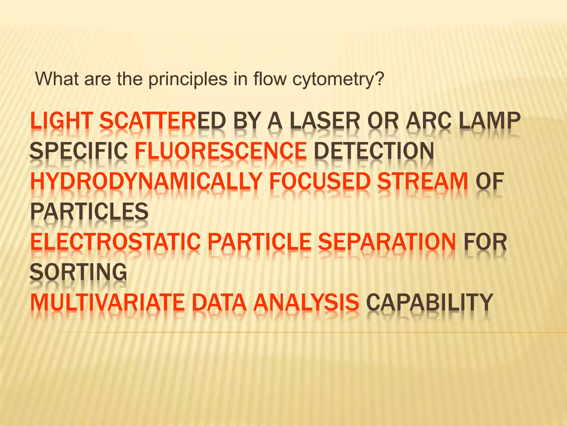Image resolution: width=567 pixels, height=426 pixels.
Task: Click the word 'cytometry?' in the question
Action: (338, 80)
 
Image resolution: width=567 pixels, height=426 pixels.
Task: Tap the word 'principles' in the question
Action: (188, 80)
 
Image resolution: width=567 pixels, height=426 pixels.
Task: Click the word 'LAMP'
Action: (490, 121)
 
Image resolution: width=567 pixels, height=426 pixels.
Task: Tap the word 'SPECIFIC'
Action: (79, 151)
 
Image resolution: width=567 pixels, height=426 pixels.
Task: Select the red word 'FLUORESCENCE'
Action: (221, 151)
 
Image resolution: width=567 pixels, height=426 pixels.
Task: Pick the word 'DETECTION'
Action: (374, 151)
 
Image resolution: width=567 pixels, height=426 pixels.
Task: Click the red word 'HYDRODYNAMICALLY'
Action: (146, 181)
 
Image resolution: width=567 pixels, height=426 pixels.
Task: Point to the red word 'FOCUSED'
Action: (320, 181)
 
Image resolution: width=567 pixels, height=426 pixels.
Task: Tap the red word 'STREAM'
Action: (422, 181)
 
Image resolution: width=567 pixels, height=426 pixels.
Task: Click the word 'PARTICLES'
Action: (89, 212)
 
